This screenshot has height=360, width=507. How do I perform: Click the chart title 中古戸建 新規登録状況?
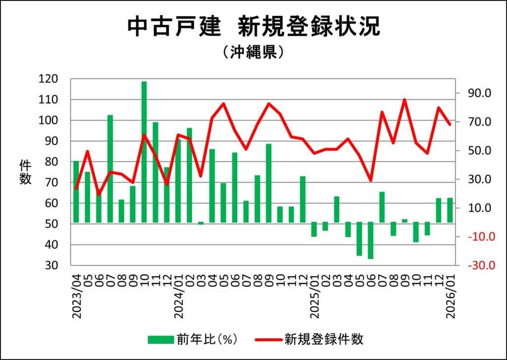coord(253,27)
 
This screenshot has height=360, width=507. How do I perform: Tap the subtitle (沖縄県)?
coord(253,52)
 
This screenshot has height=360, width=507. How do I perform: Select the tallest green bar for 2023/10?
coord(144,152)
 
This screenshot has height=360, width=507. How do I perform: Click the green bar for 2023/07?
coord(110,168)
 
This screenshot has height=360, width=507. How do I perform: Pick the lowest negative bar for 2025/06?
coord(370,240)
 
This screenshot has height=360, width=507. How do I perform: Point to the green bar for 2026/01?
coord(450,210)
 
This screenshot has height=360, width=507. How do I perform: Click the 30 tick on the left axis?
coord(52,265)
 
